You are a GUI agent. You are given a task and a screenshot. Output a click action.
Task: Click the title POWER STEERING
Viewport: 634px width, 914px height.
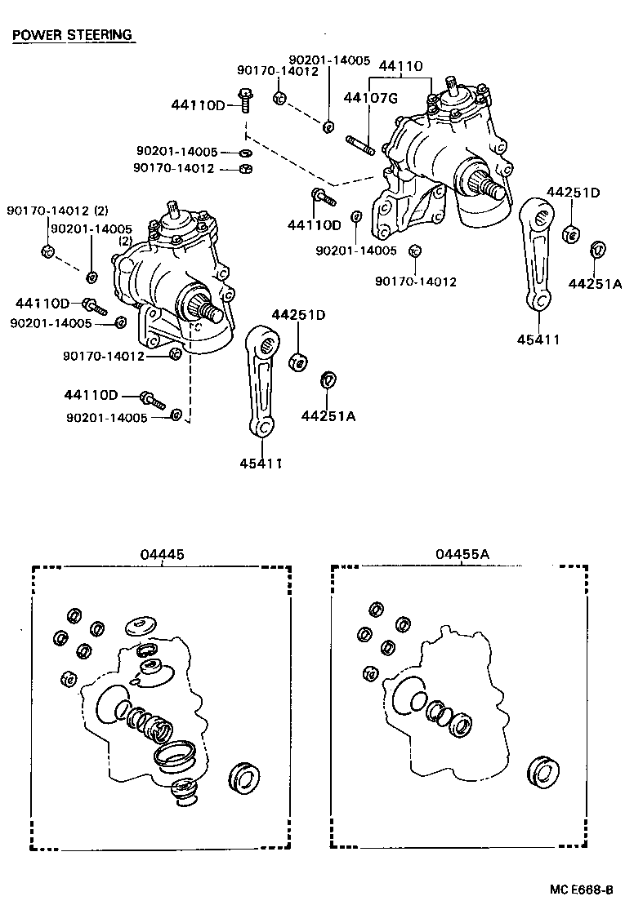tap(72, 35)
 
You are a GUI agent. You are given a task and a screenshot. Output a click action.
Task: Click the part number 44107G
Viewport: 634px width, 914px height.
tap(370, 98)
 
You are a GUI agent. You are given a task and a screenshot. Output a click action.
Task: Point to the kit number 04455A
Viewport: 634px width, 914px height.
tap(462, 554)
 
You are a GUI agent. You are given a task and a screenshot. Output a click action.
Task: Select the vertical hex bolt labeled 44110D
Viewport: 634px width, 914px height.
tap(244, 97)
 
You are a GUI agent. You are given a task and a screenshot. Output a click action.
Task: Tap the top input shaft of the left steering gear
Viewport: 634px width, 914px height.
tap(173, 210)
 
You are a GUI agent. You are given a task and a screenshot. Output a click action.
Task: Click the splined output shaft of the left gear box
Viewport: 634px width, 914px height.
tap(209, 311)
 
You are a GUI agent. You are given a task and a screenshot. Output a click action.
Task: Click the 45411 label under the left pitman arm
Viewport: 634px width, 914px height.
tap(261, 464)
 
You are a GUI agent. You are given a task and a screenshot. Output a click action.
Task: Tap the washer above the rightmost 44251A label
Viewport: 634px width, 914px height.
tap(596, 249)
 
